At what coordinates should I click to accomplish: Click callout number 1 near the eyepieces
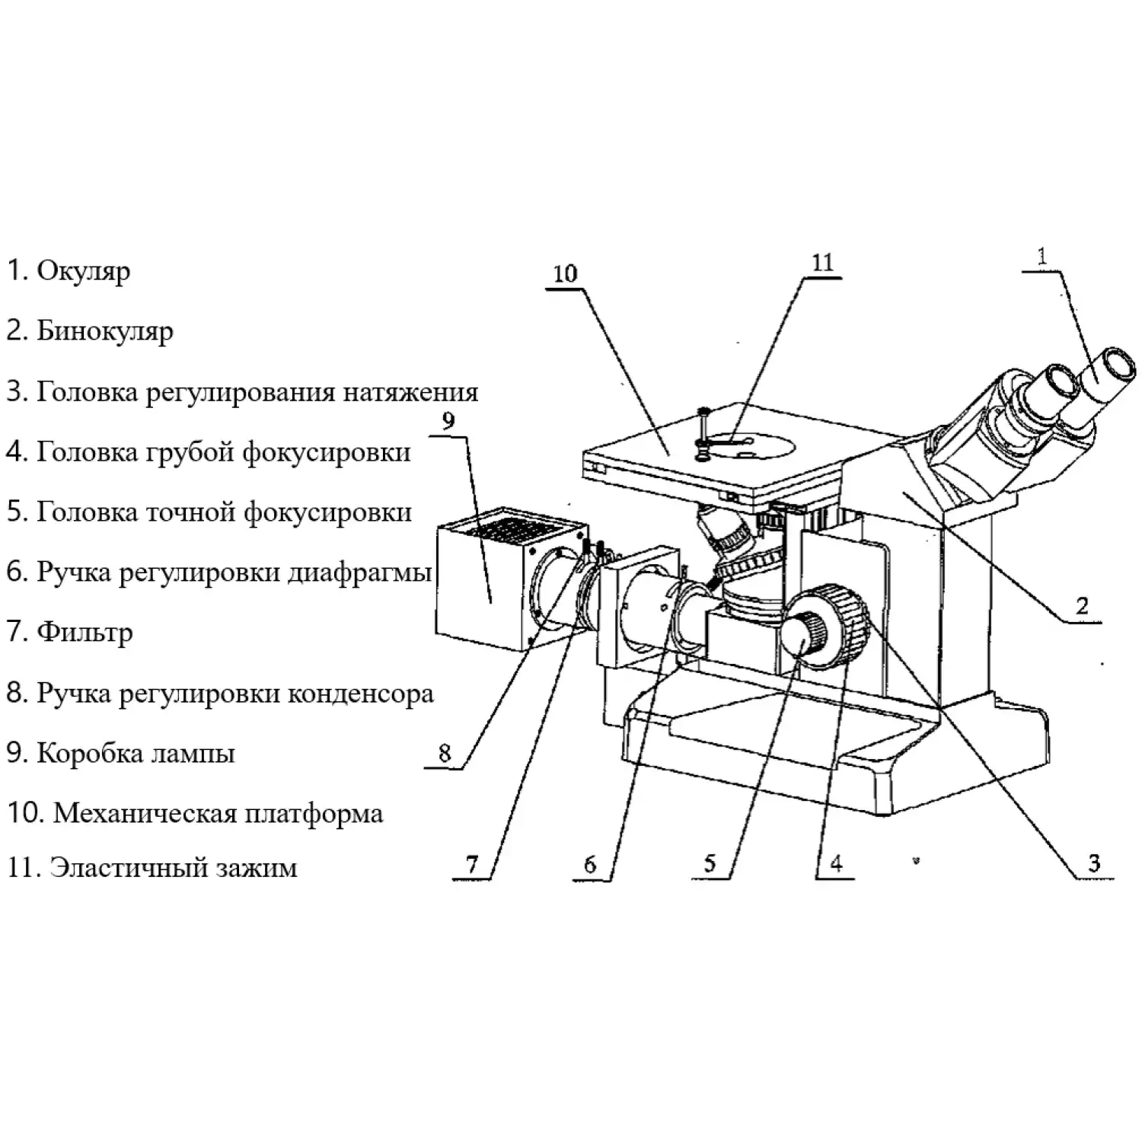1042,257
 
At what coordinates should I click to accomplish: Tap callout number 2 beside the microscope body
1082,606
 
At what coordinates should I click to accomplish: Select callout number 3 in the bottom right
1094,863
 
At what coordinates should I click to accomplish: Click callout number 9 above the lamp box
448,419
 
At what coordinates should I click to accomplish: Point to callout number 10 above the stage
565,273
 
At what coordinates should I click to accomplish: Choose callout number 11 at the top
822,263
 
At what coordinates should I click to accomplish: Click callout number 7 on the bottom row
472,864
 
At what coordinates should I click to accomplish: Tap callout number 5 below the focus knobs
710,863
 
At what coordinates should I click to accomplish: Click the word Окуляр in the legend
83,271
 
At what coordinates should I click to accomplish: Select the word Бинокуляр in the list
105,331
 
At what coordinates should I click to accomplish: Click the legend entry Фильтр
85,633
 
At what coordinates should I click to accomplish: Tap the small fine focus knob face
799,640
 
